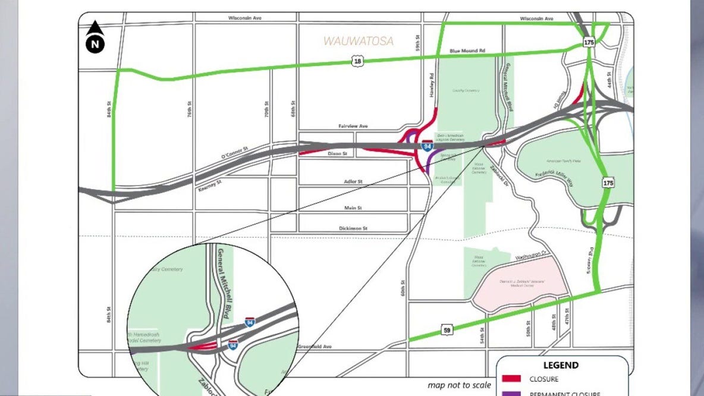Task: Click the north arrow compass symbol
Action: (95, 37)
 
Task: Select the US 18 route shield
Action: (356, 61)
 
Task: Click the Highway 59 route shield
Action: (447, 330)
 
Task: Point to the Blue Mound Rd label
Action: (467, 51)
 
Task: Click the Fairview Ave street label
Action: (353, 126)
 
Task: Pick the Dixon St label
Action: (336, 153)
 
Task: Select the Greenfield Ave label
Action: (314, 347)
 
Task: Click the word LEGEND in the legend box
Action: (561, 365)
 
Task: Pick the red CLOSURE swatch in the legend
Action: (511, 379)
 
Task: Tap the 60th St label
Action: (403, 290)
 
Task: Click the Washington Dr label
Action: (531, 255)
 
